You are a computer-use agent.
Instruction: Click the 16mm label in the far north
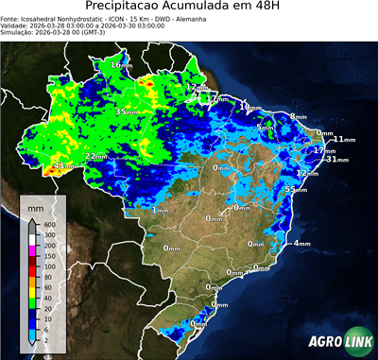pyautogui.click(x=122, y=64)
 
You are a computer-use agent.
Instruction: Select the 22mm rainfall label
pyautogui.click(x=95, y=156)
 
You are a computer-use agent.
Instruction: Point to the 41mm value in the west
pyautogui.click(x=63, y=166)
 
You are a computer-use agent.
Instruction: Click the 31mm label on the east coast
pyautogui.click(x=337, y=160)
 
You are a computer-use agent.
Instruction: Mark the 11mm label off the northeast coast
pyautogui.click(x=344, y=140)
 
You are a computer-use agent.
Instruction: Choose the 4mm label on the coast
pyautogui.click(x=302, y=244)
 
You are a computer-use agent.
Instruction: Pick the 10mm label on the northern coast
pyautogui.click(x=249, y=108)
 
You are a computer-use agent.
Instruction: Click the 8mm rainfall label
pyautogui.click(x=299, y=116)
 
